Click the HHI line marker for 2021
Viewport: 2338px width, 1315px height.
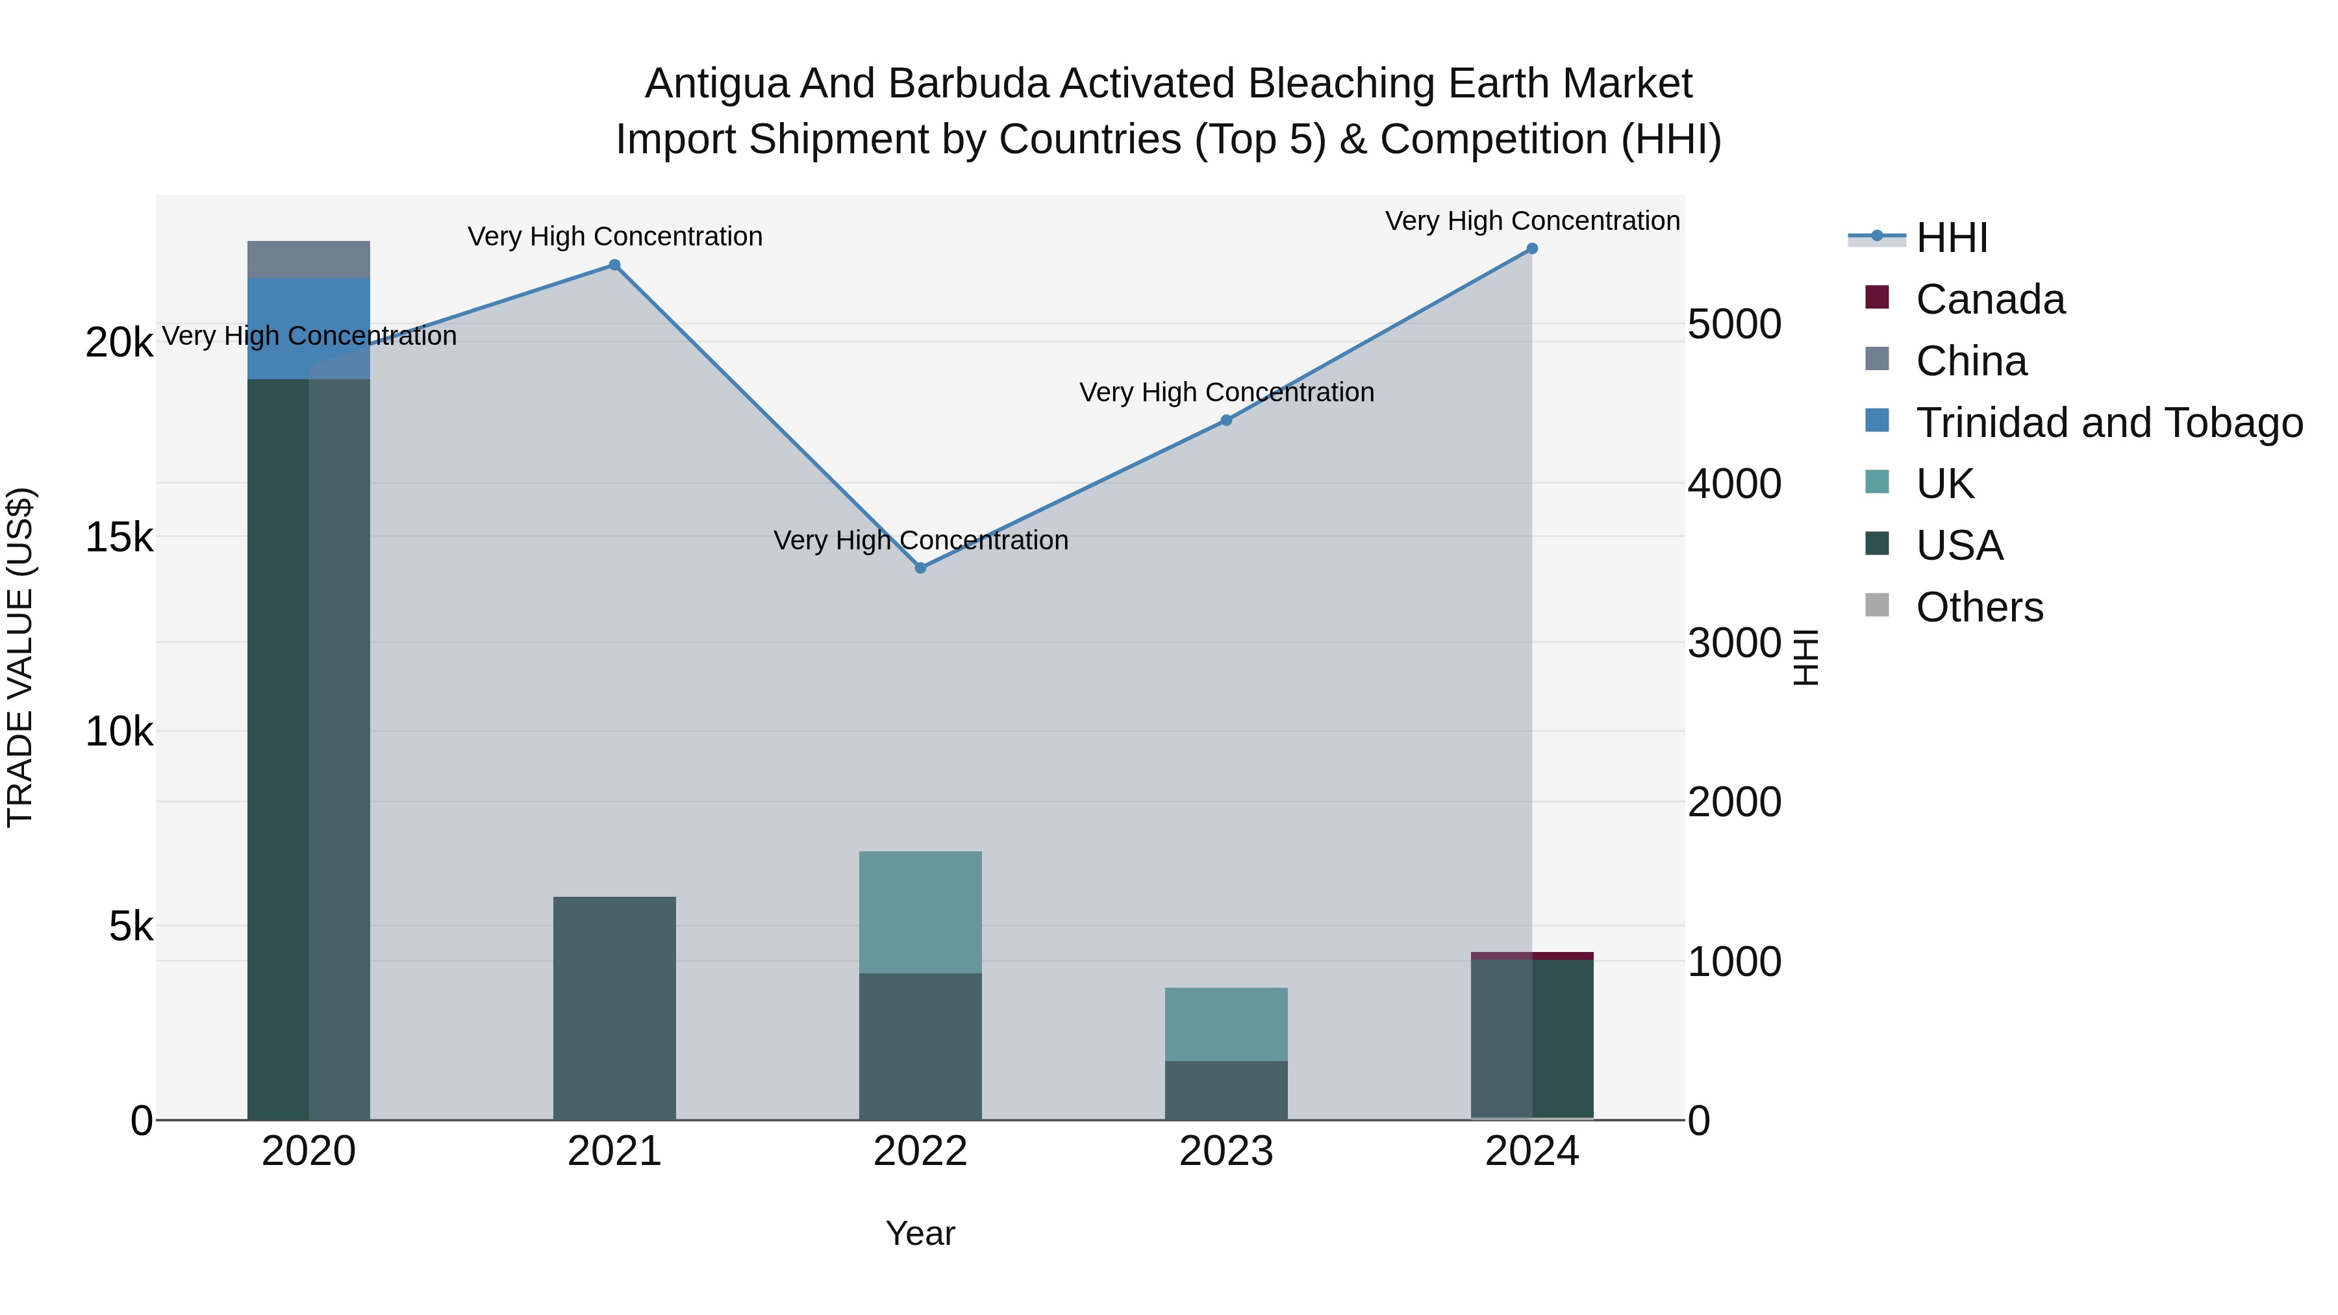(x=614, y=265)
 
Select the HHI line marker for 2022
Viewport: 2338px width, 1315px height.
(x=920, y=568)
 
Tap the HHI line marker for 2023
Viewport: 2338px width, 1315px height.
(x=1226, y=420)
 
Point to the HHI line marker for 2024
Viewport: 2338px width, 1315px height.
(x=1532, y=249)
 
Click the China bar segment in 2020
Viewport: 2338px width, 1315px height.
(x=308, y=260)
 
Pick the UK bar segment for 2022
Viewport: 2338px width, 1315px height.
(x=920, y=912)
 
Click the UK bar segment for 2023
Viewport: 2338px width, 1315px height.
(x=1226, y=1023)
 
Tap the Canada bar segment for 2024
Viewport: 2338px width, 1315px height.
(x=1532, y=956)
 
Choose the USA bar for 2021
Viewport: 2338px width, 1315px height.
(x=614, y=1007)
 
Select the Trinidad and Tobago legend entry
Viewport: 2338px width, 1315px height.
(x=2108, y=423)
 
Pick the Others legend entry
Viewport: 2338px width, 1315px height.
(x=1979, y=607)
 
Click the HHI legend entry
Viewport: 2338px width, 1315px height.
(x=1952, y=238)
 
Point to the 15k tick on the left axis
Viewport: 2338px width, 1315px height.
(x=119, y=537)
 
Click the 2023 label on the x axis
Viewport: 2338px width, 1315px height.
(x=1226, y=1151)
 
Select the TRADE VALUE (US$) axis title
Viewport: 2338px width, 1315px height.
(x=21, y=657)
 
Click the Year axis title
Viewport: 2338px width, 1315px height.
(x=920, y=1233)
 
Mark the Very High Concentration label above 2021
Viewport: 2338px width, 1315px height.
(x=614, y=237)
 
